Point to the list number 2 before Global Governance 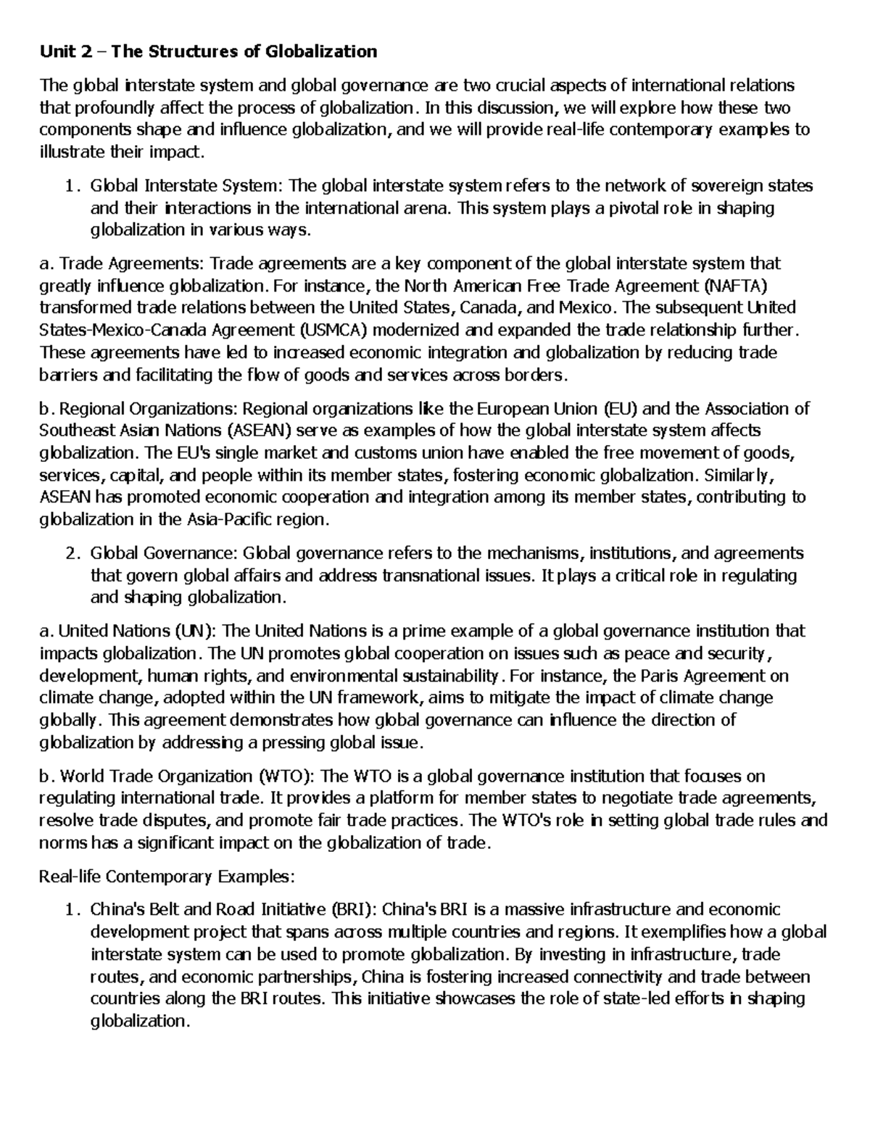pos(70,554)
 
